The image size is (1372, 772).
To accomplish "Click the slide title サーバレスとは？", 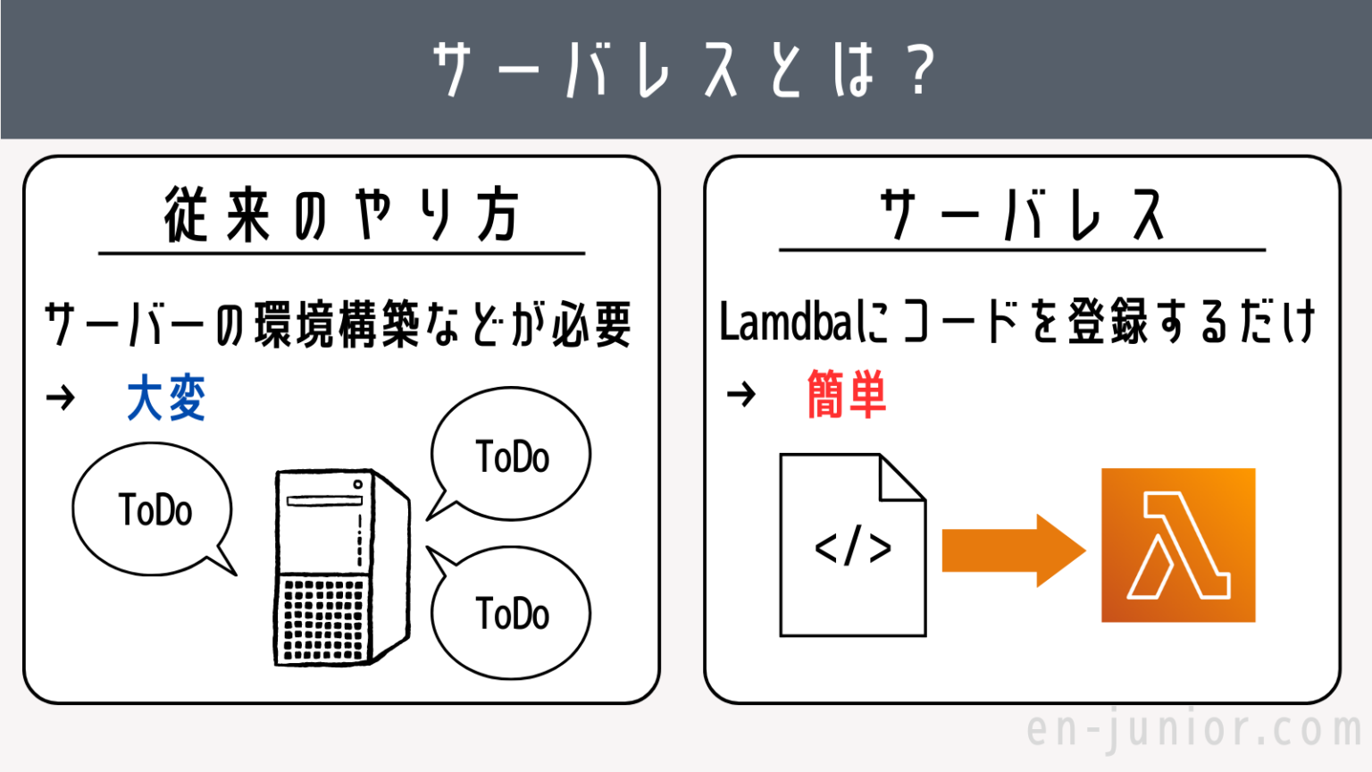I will (684, 70).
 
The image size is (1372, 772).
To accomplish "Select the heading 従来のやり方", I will (341, 215).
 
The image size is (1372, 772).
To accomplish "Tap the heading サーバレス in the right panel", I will (1022, 215).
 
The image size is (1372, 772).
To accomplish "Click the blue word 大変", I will (166, 398).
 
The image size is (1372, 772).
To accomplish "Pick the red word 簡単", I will (846, 394).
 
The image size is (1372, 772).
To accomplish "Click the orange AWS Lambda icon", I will (1178, 545).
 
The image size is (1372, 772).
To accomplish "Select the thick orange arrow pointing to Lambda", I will (1013, 550).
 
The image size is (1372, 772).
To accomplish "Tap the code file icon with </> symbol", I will (852, 546).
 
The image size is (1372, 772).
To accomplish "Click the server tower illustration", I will (340, 567).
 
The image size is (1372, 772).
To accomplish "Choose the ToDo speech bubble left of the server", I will (154, 510).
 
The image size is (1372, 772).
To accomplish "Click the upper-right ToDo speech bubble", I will (511, 456).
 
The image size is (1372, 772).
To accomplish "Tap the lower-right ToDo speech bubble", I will (511, 613).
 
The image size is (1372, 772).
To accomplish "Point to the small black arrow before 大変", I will (61, 397).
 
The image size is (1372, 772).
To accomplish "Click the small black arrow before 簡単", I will (740, 393).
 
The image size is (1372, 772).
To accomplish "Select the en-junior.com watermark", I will (1194, 729).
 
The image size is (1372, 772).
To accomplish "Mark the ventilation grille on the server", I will (324, 618).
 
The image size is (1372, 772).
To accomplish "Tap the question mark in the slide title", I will (919, 70).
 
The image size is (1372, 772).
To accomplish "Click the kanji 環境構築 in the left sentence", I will (338, 323).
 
